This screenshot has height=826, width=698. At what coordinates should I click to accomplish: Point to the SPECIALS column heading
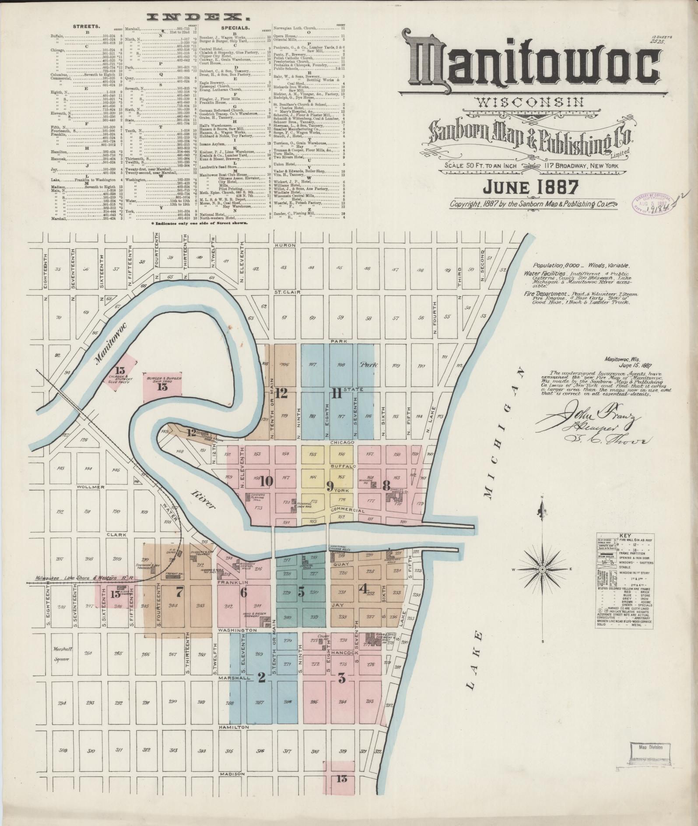235,27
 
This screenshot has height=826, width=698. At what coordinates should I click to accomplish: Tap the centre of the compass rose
542,569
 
